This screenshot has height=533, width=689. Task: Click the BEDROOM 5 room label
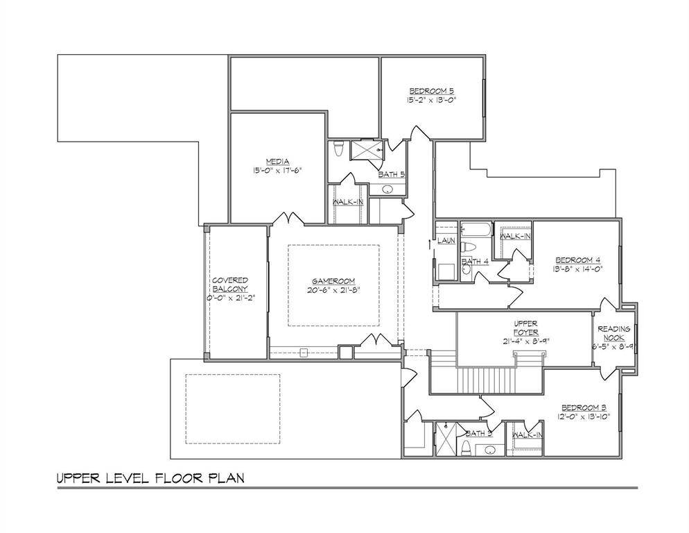(431, 91)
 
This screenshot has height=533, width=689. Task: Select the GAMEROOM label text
(333, 280)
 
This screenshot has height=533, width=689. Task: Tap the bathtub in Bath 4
(476, 229)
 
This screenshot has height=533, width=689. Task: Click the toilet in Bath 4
(469, 247)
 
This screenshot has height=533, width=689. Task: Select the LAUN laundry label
(445, 241)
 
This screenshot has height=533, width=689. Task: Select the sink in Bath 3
(491, 449)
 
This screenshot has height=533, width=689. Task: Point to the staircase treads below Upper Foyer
(485, 380)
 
